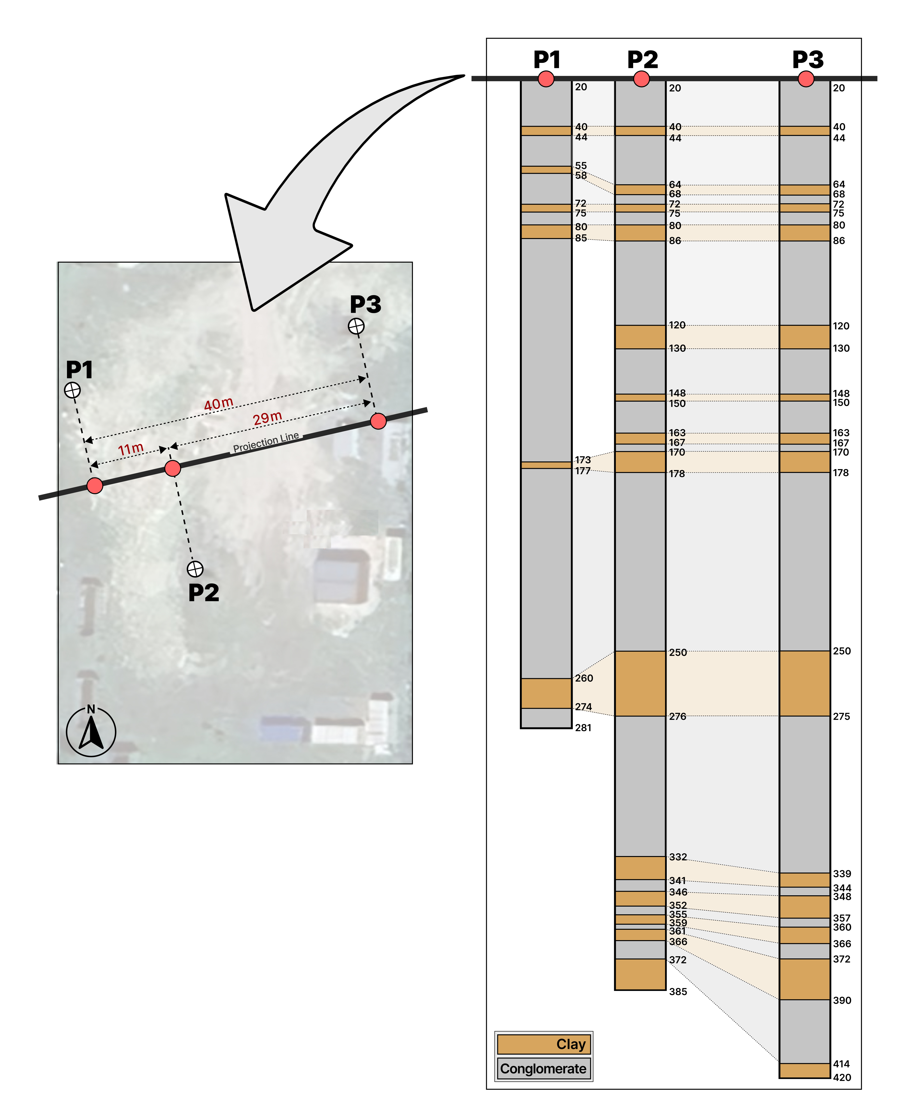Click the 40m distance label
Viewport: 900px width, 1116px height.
point(218,404)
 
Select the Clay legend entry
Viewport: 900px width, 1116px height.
point(543,1044)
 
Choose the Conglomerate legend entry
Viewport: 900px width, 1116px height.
point(543,1068)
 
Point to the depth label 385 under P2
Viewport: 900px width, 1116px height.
point(678,991)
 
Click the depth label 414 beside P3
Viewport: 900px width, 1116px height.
point(841,1064)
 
